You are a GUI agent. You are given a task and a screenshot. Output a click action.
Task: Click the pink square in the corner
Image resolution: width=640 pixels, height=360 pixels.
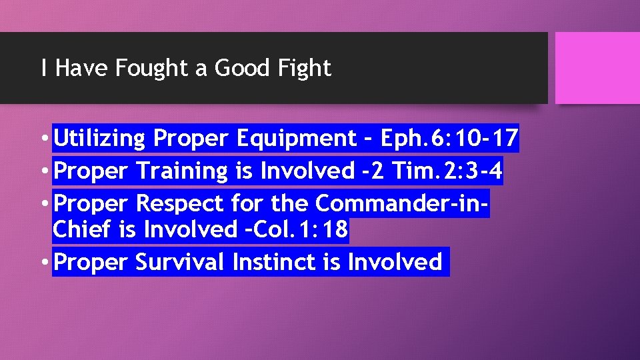click(x=597, y=68)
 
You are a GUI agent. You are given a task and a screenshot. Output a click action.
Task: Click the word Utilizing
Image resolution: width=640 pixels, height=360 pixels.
click(x=99, y=139)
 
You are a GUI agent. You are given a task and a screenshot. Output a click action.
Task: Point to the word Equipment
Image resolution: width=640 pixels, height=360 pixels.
click(x=297, y=139)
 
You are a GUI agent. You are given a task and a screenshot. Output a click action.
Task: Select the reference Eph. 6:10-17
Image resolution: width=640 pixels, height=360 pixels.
click(x=449, y=139)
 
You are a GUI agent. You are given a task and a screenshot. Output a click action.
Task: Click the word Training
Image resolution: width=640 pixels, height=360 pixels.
click(x=182, y=171)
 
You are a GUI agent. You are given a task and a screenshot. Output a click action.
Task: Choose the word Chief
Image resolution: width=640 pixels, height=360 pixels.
click(x=83, y=230)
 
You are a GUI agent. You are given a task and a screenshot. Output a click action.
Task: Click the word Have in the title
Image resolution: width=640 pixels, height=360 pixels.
click(x=77, y=68)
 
